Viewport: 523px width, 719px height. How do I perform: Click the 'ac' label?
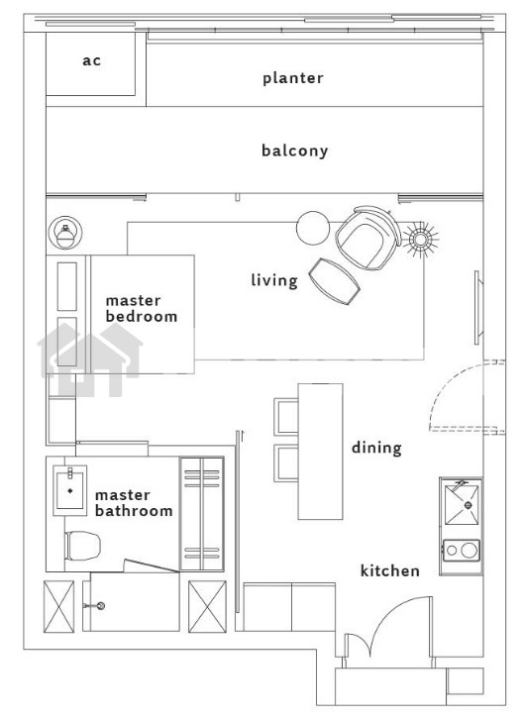pos(92,60)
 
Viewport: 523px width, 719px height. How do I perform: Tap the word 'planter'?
pos(292,78)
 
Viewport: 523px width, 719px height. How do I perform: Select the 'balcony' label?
pos(294,151)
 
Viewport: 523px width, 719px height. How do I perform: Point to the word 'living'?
pos(274,280)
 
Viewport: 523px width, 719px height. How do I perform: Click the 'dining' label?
pos(376,448)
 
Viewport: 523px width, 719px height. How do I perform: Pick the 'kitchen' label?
pos(390,570)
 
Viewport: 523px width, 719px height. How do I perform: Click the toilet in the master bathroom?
pos(82,546)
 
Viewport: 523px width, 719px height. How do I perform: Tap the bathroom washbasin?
pos(69,490)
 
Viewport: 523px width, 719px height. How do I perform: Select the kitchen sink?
pos(462,505)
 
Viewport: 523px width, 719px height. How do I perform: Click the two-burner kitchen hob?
pos(462,550)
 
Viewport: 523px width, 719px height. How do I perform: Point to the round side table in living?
pos(313,228)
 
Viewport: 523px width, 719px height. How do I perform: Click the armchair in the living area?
pos(367,238)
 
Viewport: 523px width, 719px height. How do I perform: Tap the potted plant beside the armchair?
pos(420,239)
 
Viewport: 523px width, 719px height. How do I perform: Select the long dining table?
pos(320,452)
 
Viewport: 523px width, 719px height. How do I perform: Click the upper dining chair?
pos(286,416)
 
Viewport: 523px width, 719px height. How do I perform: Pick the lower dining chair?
pos(286,463)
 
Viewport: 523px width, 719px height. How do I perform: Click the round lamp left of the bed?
pos(65,233)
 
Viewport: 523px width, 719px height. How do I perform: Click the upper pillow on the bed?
pos(67,286)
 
